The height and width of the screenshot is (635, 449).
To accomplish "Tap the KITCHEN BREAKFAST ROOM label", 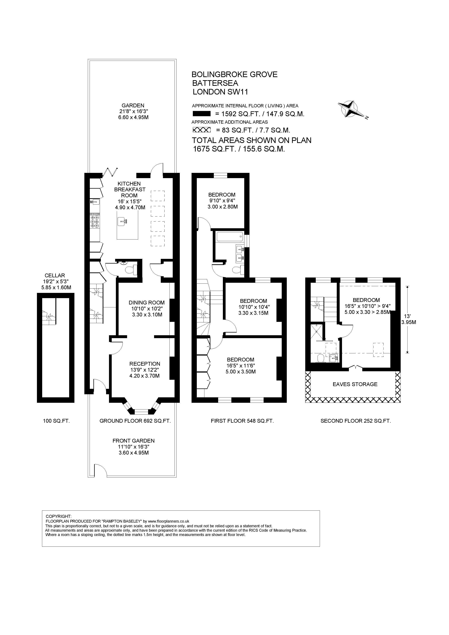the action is [129, 190].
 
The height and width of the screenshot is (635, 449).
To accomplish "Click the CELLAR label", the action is [55, 276].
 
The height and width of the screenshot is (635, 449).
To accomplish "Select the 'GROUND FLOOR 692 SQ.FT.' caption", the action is [135, 421].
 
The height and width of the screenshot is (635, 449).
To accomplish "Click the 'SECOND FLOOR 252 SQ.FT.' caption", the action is [356, 421].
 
